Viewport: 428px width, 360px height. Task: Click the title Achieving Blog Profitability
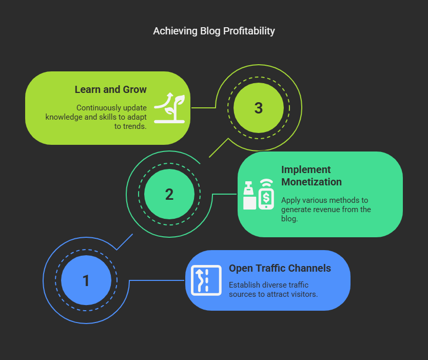[x=213, y=31]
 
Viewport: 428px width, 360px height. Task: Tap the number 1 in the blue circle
[x=86, y=280]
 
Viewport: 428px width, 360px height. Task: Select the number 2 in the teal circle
[x=169, y=195]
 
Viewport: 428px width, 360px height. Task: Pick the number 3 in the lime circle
[x=259, y=108]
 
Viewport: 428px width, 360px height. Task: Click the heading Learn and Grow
[x=110, y=89]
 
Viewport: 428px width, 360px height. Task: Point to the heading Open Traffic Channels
[x=280, y=268]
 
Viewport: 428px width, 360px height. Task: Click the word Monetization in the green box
[x=312, y=182]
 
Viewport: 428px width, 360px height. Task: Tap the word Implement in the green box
[x=306, y=169]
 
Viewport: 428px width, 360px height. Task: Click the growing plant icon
[x=169, y=108]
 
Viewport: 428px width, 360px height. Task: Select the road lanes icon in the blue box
[x=206, y=280]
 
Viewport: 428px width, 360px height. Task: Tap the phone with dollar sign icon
[x=266, y=194]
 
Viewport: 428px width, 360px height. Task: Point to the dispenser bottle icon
[x=249, y=195]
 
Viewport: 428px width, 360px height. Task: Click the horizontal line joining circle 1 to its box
[x=157, y=280]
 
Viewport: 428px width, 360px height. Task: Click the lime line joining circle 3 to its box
[x=203, y=108]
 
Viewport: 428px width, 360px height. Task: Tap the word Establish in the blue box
[x=244, y=285]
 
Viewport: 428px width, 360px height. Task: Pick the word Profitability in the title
[x=249, y=31]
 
